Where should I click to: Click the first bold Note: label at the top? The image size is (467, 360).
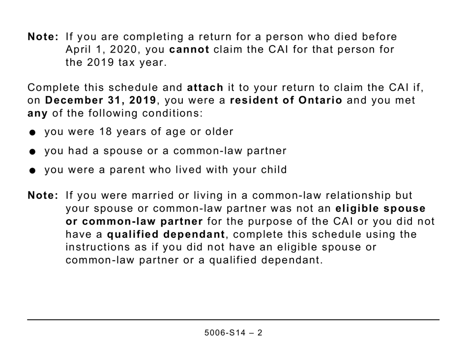pos(43,37)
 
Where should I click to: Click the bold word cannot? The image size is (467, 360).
pos(189,50)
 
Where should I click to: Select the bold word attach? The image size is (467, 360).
pos(205,88)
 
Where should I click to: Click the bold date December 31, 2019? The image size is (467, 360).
pos(101,101)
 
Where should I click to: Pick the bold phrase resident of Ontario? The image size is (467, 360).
pos(286,101)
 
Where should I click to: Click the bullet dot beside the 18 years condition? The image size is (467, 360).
pos(32,133)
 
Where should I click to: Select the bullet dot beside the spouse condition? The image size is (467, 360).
pos(32,152)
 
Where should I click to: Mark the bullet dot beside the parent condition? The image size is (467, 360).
pos(32,171)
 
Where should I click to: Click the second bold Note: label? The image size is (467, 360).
pos(43,195)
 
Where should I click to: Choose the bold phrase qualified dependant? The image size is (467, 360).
pos(166,234)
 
